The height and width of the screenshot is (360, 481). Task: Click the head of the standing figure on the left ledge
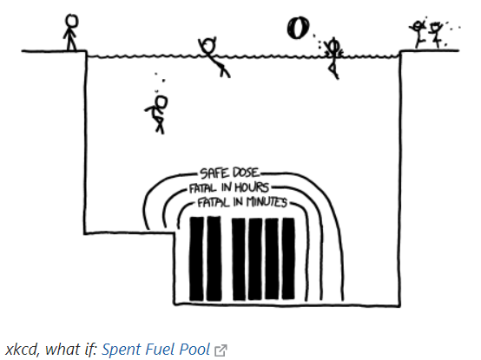[72, 22]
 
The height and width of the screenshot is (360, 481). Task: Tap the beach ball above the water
[298, 28]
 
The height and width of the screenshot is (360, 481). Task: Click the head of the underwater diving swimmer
[161, 102]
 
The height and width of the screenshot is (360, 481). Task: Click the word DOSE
[246, 173]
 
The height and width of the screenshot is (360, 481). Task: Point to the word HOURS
[252, 187]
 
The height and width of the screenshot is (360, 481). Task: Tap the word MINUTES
[267, 202]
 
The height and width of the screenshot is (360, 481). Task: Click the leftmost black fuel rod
[196, 259]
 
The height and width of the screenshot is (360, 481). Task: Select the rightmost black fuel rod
[288, 259]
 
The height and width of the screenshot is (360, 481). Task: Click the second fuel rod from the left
[214, 259]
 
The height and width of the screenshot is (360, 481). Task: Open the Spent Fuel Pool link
[156, 350]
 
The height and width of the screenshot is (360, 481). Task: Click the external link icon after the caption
[221, 350]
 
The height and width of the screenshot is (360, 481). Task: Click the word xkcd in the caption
[23, 350]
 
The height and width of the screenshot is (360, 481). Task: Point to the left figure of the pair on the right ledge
[418, 33]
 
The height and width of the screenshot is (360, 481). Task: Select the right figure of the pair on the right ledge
[436, 35]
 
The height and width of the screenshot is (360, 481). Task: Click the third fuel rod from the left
[239, 259]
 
